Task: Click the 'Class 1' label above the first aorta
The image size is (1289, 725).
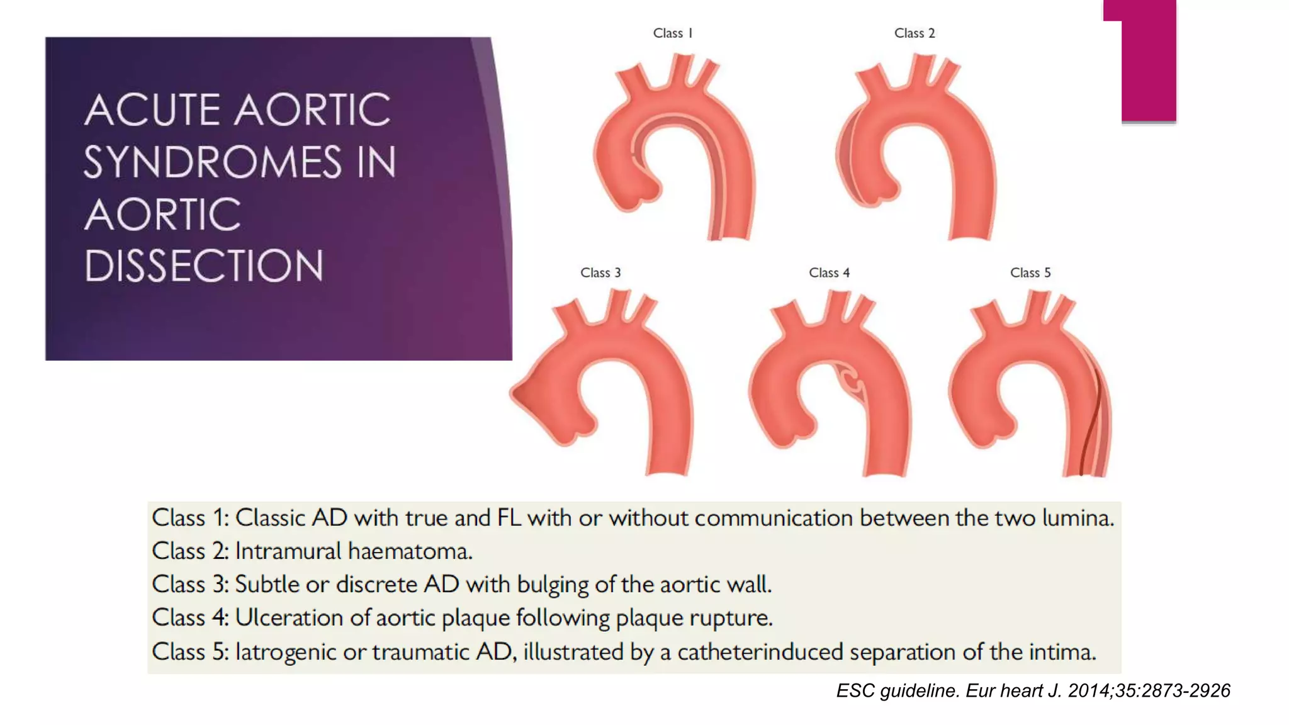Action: (672, 33)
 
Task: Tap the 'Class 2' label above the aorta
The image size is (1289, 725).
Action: (915, 33)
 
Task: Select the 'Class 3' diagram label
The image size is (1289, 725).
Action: (600, 273)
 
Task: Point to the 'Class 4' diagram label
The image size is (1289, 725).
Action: (829, 273)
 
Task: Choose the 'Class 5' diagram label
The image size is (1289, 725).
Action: (1030, 273)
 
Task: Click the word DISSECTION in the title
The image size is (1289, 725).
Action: (204, 266)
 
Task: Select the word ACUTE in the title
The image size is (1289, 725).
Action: (154, 110)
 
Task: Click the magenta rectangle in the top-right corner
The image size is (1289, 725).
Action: (1148, 60)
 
